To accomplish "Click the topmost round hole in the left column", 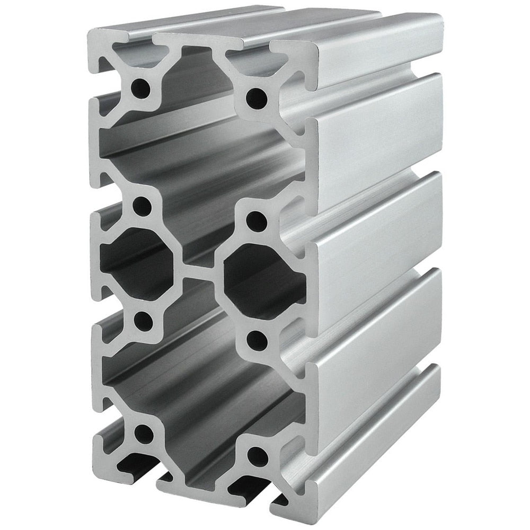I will point(142,84).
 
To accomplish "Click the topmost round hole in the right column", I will point(257,97).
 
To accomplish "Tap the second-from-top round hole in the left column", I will point(142,206).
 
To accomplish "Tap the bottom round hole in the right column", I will point(257,454).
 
